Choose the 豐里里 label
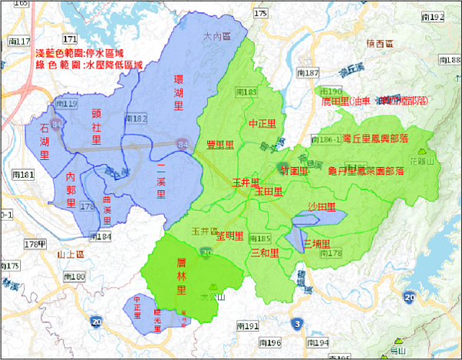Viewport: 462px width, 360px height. click(x=220, y=145)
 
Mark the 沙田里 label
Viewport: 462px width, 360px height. click(x=321, y=207)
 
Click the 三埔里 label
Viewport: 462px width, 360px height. click(x=316, y=242)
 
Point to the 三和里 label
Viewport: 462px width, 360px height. click(x=264, y=252)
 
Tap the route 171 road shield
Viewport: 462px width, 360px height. click(x=71, y=38)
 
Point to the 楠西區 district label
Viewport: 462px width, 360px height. click(x=380, y=44)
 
